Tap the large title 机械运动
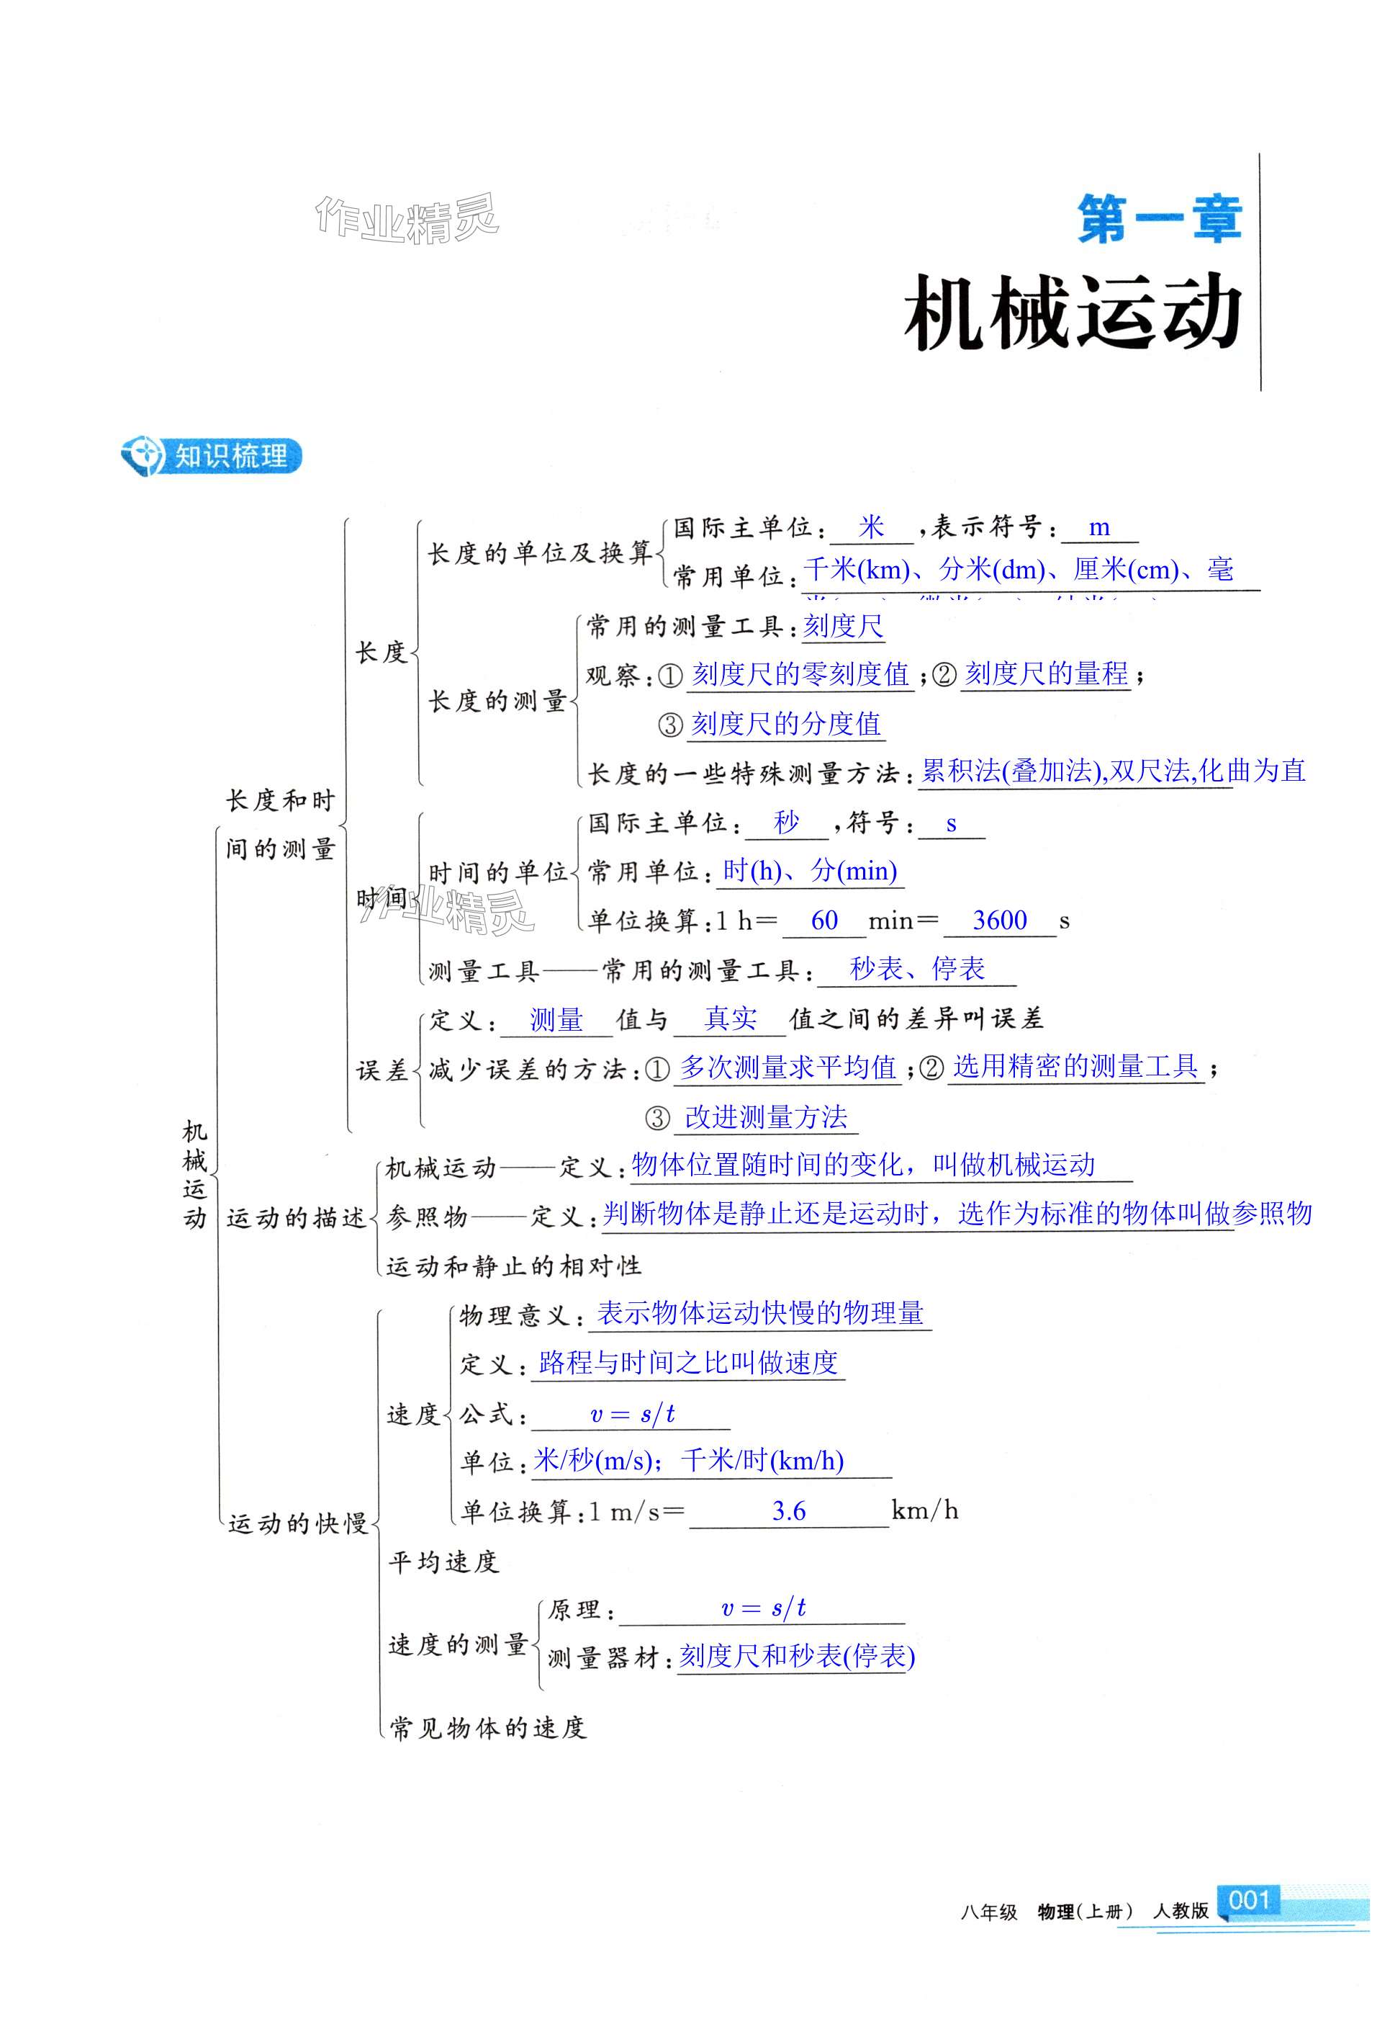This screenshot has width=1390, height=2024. point(1073,312)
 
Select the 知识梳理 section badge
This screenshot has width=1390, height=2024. point(212,456)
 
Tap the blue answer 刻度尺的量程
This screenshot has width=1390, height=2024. point(1046,673)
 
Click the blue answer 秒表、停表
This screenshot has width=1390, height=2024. point(916,968)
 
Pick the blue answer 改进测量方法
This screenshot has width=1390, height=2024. point(766,1117)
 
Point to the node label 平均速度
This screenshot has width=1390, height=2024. point(443,1562)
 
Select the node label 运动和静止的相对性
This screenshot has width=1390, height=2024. point(513,1265)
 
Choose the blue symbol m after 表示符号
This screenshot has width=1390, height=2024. point(1099,527)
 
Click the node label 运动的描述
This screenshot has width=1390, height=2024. point(295,1217)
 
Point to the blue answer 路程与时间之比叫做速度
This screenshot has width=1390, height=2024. point(688,1363)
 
